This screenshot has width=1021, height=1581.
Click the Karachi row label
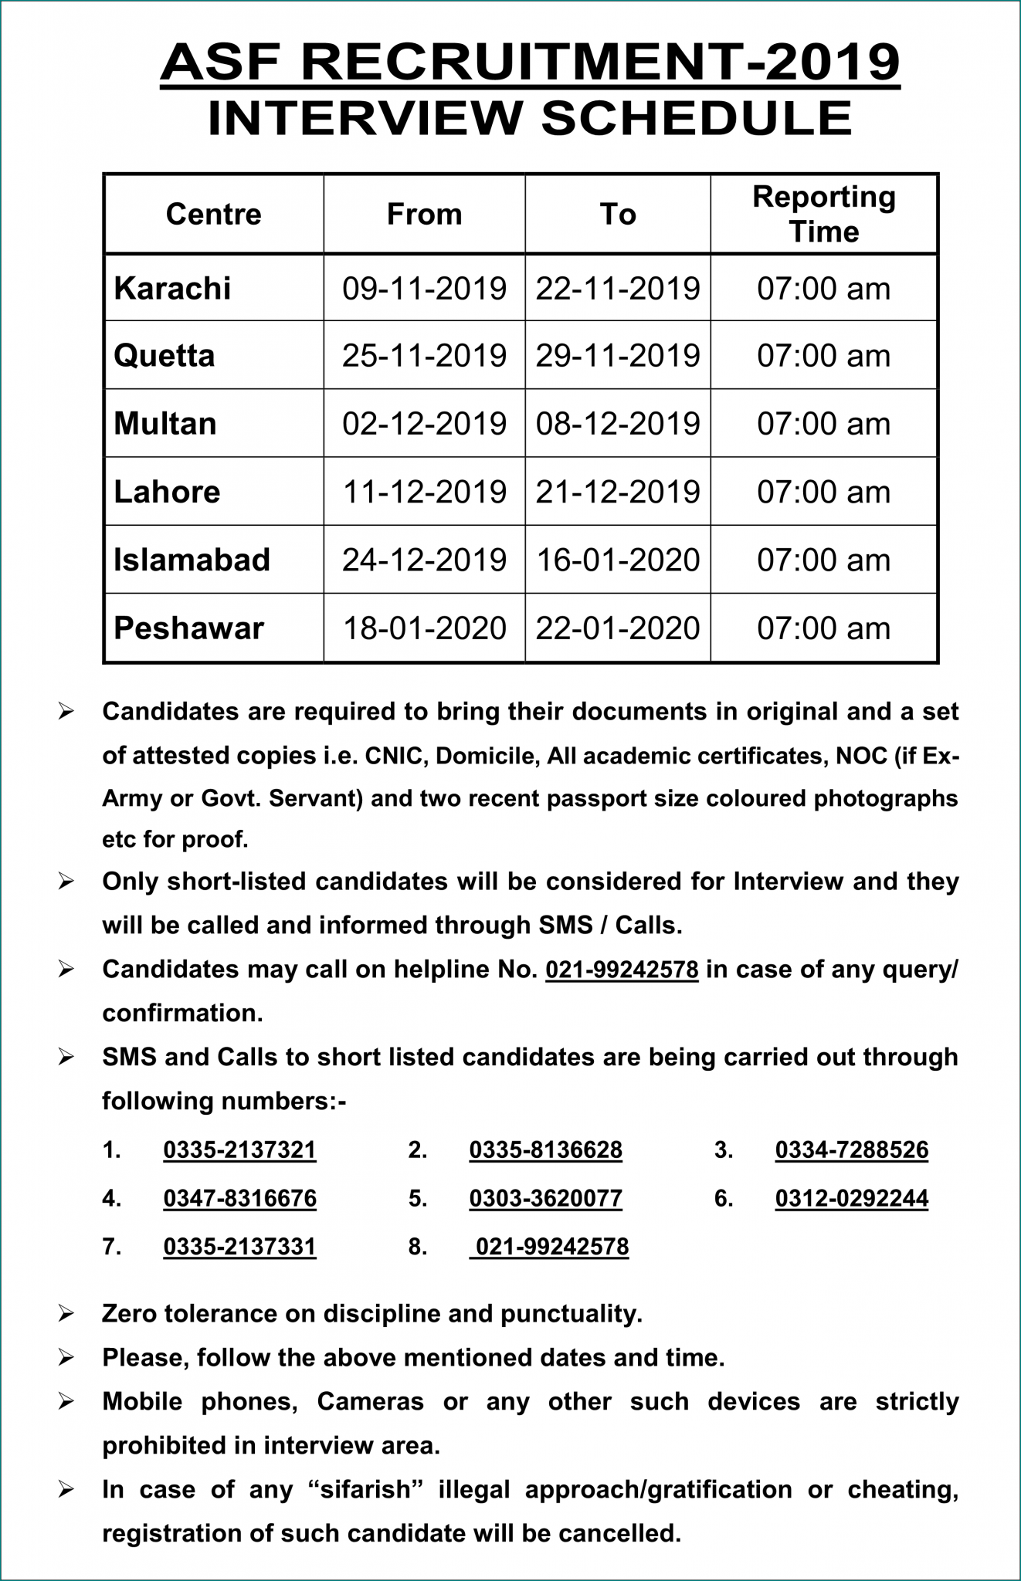click(x=172, y=289)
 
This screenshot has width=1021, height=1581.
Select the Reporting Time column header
click(x=823, y=215)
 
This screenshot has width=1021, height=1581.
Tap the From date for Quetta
click(x=424, y=356)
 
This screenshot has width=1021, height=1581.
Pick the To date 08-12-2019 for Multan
click(x=618, y=424)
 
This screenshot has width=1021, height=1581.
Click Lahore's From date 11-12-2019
click(x=424, y=492)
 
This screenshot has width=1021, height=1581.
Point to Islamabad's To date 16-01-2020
click(x=618, y=560)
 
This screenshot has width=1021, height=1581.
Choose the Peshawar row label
click(x=188, y=628)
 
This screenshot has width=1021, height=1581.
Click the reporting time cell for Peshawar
click(x=823, y=628)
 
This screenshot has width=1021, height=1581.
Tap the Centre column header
click(x=213, y=215)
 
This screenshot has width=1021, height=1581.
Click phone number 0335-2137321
click(x=239, y=1150)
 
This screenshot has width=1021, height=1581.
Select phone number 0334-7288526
click(x=851, y=1150)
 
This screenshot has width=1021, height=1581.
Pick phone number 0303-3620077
click(x=545, y=1199)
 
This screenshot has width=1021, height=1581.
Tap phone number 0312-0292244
click(x=851, y=1199)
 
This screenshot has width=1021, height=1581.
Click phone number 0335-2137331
click(x=239, y=1248)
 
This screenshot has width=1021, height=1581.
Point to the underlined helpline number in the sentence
click(x=622, y=970)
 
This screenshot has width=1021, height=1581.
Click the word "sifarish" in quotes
click(x=365, y=1490)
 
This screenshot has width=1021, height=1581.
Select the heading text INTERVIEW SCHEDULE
click(x=530, y=119)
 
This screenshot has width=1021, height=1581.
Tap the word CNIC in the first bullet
click(x=396, y=756)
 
